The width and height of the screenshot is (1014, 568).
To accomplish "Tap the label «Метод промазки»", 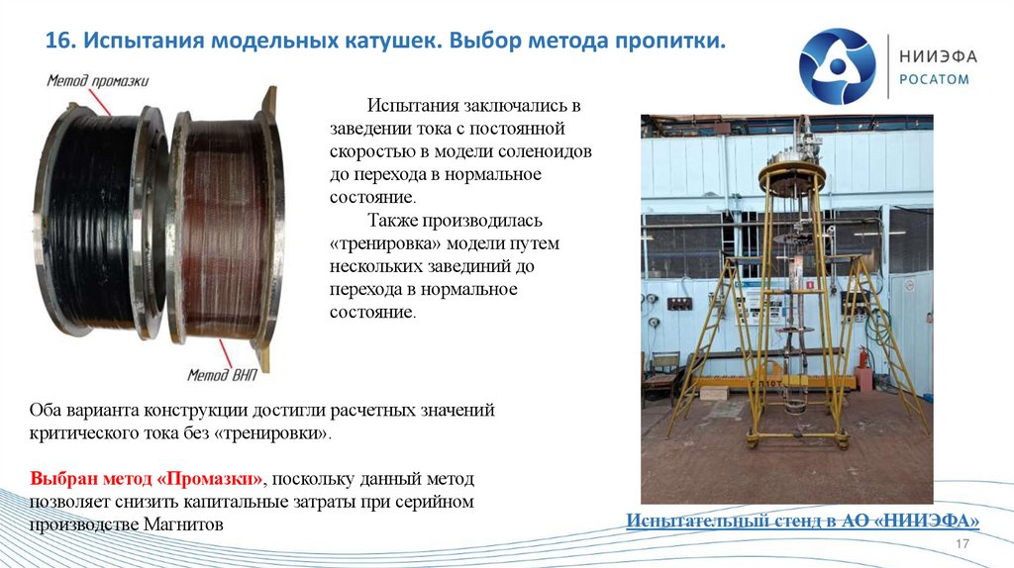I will [x=97, y=81].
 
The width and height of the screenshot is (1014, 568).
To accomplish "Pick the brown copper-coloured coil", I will [x=223, y=228].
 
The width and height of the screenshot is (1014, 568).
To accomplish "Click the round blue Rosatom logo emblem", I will [x=837, y=66].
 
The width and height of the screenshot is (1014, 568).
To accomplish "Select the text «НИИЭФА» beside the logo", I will [x=937, y=56].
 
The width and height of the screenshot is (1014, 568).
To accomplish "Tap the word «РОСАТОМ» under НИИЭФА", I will [x=934, y=80].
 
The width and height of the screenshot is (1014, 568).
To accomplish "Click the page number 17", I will [x=960, y=547].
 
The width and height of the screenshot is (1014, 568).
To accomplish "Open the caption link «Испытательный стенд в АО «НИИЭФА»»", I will [x=803, y=521].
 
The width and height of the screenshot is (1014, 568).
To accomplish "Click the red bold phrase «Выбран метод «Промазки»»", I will [x=147, y=478].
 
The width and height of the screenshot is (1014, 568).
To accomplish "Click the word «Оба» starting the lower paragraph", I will [x=46, y=410].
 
